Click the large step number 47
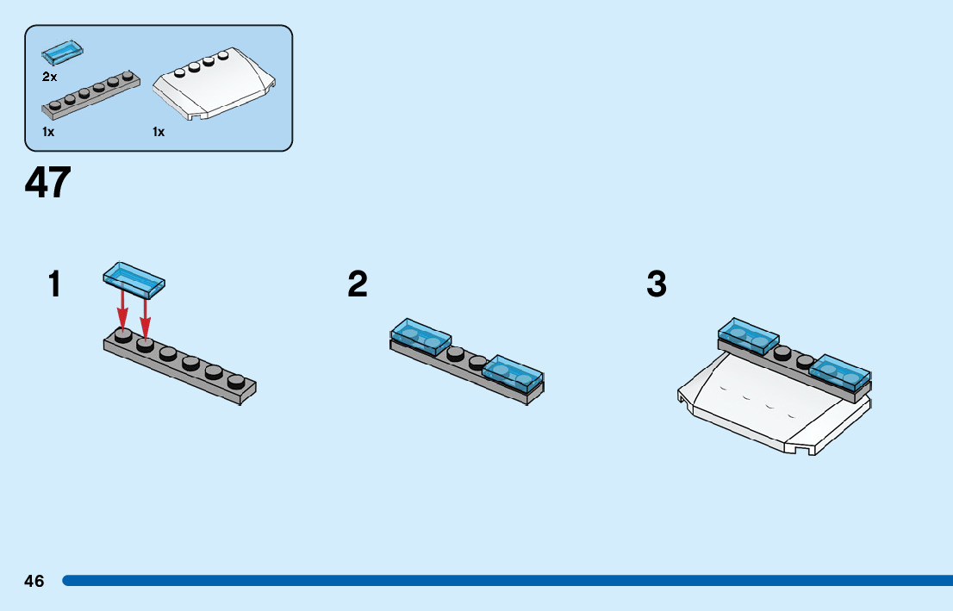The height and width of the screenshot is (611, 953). [48, 183]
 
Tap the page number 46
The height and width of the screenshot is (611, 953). [34, 581]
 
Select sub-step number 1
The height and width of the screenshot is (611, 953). [55, 284]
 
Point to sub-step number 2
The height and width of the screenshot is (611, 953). [358, 284]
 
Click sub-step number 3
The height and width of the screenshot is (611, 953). [657, 284]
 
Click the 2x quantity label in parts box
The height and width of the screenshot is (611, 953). [49, 77]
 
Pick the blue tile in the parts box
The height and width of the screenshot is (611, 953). [62, 53]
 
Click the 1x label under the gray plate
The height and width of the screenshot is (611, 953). [48, 132]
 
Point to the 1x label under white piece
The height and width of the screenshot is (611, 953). [159, 132]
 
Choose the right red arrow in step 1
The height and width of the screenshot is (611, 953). [146, 314]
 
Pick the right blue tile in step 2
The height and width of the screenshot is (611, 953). [513, 371]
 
